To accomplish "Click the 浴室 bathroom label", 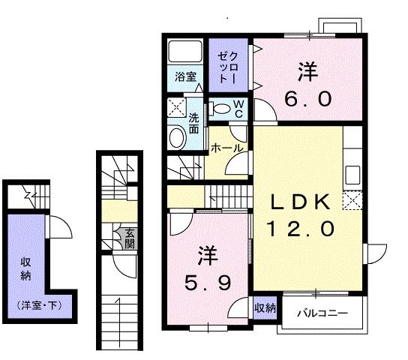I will click(x=186, y=76).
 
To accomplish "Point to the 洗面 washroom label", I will click(x=193, y=123).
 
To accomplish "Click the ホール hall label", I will click(x=226, y=148).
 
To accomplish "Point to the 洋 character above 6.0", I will click(x=307, y=73).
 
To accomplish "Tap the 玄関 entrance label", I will click(x=130, y=238).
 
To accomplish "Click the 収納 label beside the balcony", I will click(x=264, y=307).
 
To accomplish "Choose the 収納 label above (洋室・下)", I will click(x=25, y=268).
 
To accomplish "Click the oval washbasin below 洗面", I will click(x=178, y=136).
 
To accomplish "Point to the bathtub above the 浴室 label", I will click(x=184, y=52).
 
